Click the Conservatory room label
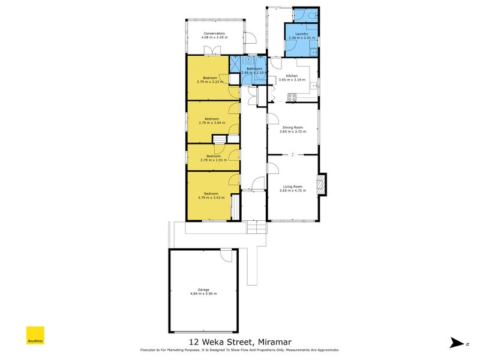214,34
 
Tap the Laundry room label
301,34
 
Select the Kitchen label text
292,76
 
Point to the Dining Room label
293,127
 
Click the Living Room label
293,187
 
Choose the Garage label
203,290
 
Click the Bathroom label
254,68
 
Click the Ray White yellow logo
35,335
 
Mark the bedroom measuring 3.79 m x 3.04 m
212,121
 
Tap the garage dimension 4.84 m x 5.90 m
203,294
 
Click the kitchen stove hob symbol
293,97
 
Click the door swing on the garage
225,256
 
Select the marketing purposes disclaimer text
240,349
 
